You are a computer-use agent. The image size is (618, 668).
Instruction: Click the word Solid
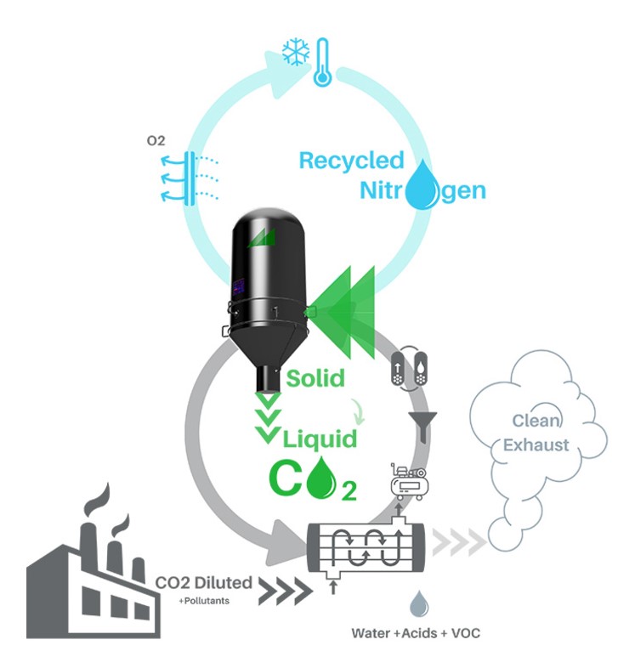click(x=315, y=377)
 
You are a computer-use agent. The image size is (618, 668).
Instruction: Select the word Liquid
click(x=320, y=439)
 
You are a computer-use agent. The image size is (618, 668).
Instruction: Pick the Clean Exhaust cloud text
click(x=536, y=433)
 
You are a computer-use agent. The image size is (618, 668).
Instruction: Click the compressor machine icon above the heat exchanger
click(x=406, y=481)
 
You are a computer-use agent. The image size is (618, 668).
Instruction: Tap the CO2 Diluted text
click(x=204, y=583)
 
